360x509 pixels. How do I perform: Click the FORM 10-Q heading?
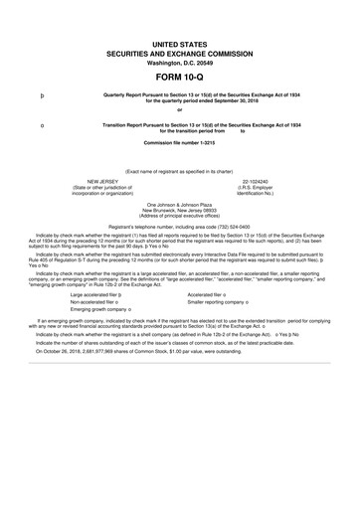click(x=179, y=74)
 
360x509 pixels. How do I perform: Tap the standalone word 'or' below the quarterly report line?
click(x=179, y=110)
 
